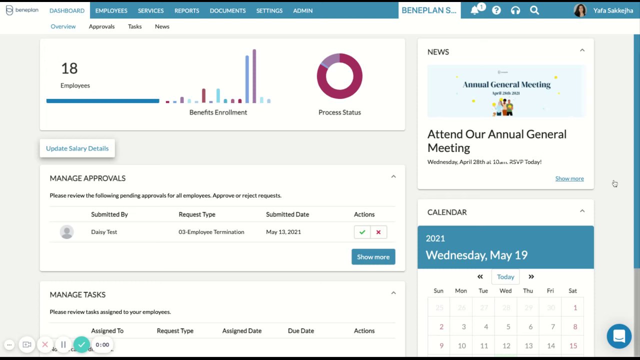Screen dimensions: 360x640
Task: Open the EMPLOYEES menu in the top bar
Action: point(111,10)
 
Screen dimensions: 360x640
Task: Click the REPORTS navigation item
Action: point(186,10)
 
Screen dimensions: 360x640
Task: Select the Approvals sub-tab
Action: point(101,26)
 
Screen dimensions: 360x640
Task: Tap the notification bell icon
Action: point(475,10)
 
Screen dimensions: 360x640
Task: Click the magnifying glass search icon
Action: point(534,10)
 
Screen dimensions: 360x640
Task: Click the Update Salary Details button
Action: point(77,148)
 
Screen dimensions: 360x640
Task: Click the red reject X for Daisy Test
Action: point(378,232)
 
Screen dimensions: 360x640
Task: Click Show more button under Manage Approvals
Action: point(373,257)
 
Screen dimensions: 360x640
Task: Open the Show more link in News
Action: point(569,178)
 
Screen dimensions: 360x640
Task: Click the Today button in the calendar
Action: point(505,276)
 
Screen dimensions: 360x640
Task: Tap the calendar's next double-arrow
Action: point(531,276)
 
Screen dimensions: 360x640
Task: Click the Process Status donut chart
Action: point(339,76)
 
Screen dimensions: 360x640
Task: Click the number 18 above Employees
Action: point(69,68)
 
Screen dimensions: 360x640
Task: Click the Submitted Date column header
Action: point(287,214)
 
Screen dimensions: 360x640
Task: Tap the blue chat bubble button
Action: point(619,336)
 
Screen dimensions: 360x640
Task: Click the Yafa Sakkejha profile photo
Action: point(580,10)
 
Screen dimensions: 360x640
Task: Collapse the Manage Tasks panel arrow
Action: point(393,293)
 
